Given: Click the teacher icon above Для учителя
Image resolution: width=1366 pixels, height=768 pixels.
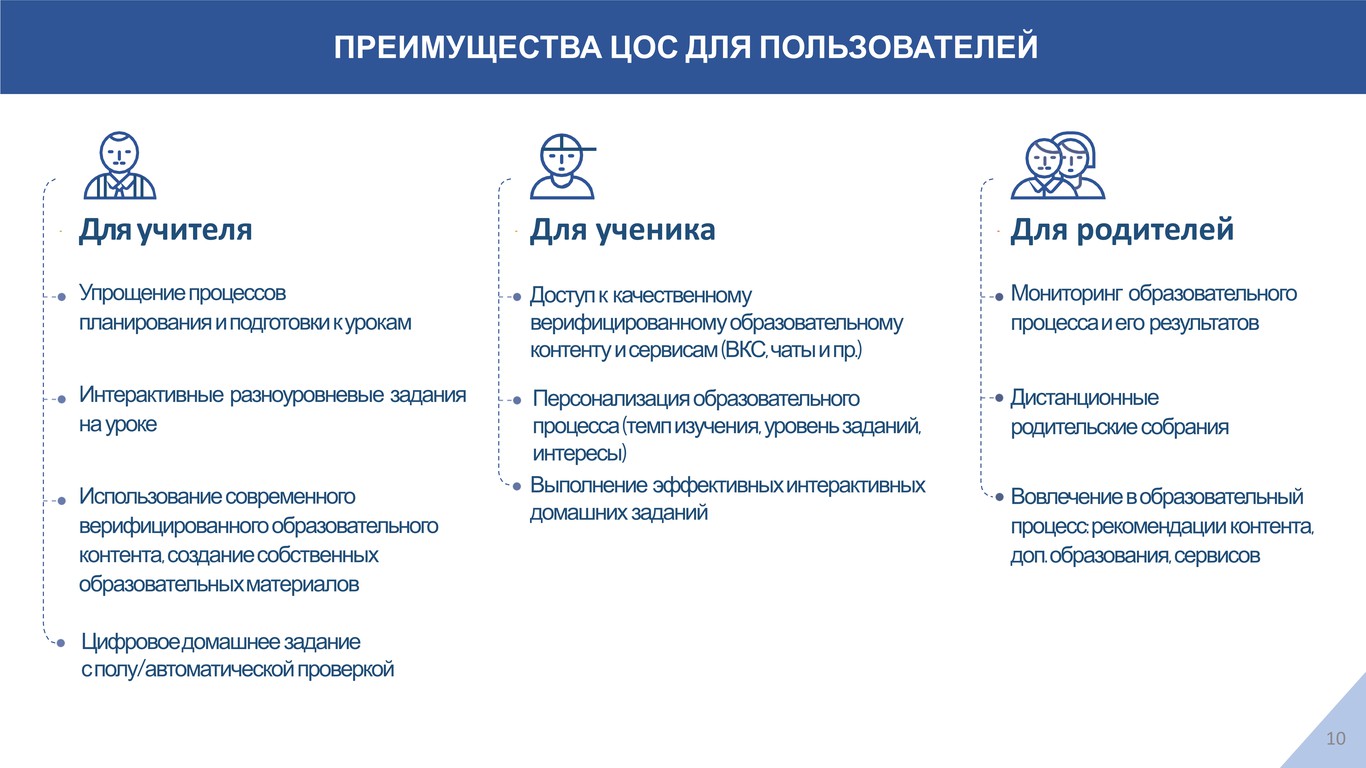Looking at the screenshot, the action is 120,165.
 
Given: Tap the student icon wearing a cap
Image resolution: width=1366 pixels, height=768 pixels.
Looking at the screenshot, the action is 563,167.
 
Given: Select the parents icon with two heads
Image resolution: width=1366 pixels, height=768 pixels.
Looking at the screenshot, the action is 1057,165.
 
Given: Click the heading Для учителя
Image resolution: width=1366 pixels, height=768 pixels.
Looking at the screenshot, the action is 165,230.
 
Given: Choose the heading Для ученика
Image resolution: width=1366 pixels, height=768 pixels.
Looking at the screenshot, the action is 622,230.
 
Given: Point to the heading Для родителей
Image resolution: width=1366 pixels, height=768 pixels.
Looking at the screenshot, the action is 1122,230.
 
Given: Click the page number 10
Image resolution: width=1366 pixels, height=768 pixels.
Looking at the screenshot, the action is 1336,738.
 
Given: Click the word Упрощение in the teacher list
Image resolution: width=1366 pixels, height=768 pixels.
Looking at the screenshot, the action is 131,294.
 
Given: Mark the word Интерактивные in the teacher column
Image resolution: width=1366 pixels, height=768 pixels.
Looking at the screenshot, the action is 151,395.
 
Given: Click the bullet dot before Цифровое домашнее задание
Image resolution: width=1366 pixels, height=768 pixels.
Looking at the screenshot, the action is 60,643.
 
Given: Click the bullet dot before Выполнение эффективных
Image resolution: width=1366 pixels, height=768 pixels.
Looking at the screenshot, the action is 517,486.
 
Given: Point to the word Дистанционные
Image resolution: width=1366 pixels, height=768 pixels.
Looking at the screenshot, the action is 1084,398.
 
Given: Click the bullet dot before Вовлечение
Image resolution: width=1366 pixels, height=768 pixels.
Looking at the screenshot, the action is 999,497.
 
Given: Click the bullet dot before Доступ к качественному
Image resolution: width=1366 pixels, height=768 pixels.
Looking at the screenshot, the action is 517,297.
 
